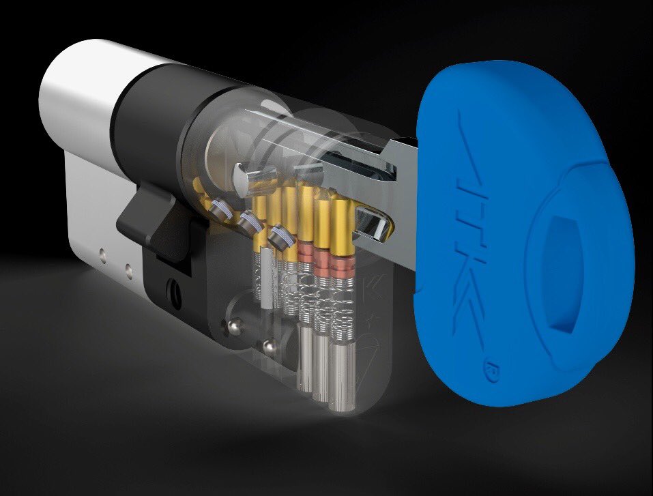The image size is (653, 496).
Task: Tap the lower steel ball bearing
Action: tap(270, 344)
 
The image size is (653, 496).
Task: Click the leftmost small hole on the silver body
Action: tap(101, 252)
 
